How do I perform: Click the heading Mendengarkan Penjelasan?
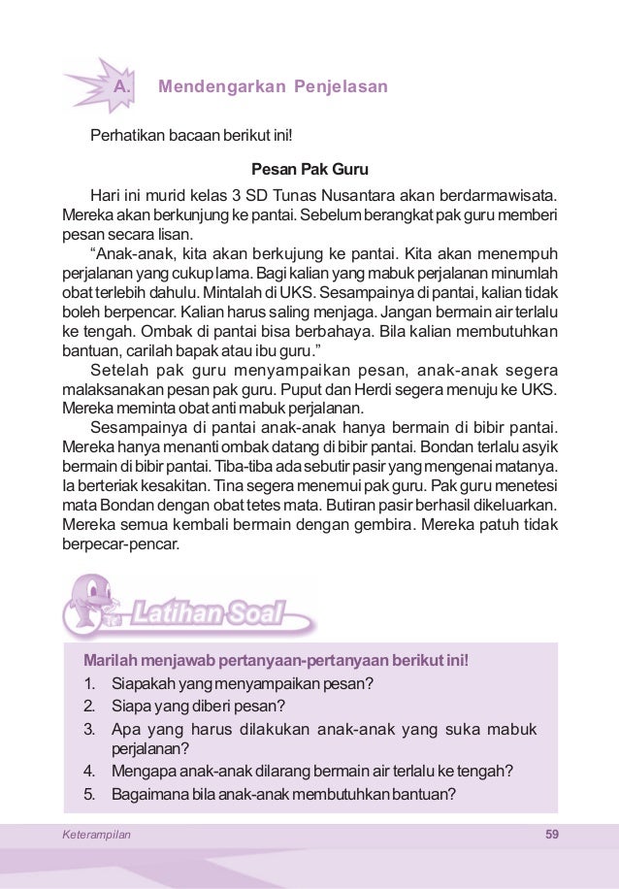(273, 87)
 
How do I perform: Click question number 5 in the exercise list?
(89, 793)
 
